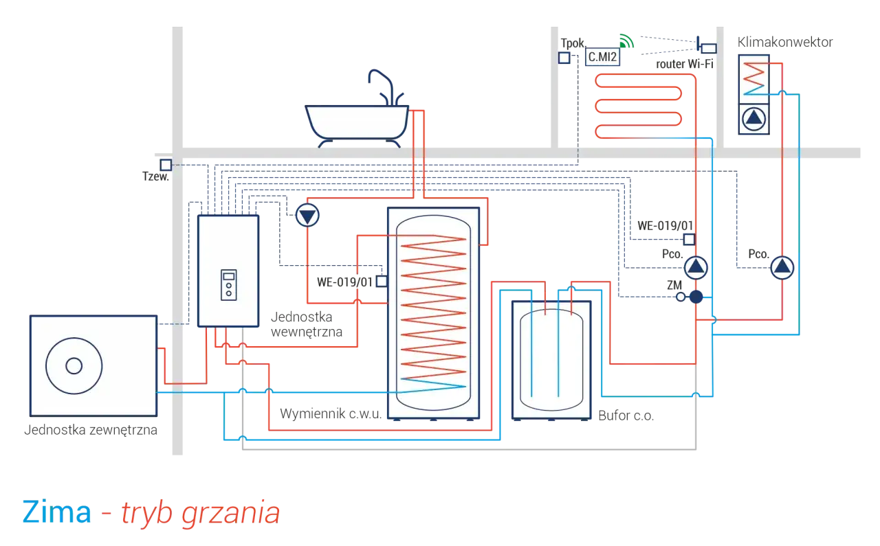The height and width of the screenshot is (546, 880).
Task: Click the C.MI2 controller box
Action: [602, 57]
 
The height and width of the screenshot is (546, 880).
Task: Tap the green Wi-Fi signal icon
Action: [626, 41]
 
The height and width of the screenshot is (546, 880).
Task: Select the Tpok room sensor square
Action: [564, 58]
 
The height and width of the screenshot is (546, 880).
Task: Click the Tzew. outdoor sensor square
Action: [166, 165]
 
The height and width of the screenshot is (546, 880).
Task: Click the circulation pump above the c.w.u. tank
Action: [307, 215]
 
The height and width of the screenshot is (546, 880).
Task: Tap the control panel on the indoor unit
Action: [229, 285]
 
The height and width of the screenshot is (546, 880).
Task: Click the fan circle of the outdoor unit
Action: [74, 366]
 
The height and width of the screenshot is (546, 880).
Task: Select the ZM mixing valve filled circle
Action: [696, 297]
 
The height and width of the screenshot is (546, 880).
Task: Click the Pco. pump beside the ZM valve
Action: [696, 268]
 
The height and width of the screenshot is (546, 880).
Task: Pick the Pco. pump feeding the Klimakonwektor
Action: [782, 268]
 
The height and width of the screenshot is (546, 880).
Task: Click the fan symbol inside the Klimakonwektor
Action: [753, 119]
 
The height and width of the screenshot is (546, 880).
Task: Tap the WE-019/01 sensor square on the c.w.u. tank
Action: [382, 282]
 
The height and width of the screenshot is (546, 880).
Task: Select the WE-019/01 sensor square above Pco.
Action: [689, 239]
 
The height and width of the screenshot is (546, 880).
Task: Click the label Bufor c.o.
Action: [626, 416]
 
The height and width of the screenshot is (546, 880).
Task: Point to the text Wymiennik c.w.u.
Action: [331, 413]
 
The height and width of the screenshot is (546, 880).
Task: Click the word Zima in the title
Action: [56, 512]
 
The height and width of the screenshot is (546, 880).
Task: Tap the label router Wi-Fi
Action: [684, 64]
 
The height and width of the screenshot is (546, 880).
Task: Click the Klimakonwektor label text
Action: [785, 42]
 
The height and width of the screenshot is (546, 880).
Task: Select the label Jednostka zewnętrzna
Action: [90, 430]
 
